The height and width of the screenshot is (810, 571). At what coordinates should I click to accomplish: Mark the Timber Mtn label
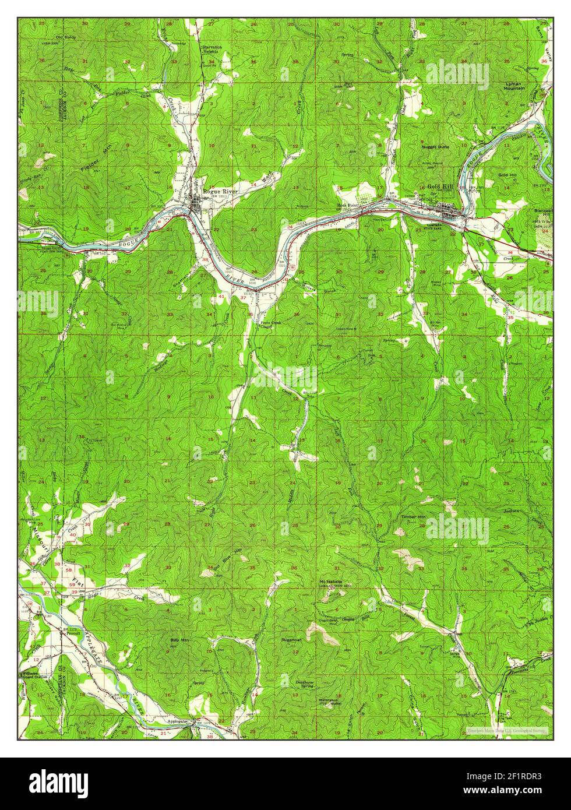tap(413, 517)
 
